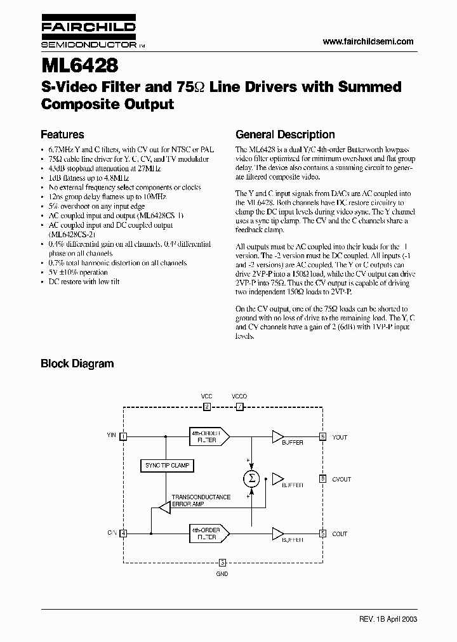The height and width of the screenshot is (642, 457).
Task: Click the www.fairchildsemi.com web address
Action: coord(368,41)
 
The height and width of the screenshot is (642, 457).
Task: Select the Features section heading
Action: coord(62,134)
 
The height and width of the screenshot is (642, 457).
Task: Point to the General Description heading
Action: coord(285,134)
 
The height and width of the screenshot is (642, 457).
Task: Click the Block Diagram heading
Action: coord(77,364)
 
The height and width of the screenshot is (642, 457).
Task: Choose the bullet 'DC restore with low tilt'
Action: coord(84,282)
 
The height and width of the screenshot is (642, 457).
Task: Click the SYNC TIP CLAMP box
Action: coord(167,466)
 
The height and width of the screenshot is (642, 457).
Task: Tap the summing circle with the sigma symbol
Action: coord(251,478)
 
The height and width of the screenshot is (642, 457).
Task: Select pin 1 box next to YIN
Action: coord(123,436)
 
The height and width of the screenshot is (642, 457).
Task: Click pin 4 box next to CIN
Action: coord(123,534)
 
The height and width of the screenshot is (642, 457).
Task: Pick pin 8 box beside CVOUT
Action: coord(322,479)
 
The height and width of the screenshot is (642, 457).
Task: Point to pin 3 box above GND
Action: coord(222,562)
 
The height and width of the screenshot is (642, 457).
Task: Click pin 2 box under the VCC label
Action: coord(206,407)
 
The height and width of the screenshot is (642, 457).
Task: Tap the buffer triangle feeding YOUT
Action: coord(277,436)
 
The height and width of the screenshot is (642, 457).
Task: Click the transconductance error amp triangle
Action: coord(164,507)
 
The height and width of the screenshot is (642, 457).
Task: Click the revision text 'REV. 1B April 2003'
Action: coord(386,619)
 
